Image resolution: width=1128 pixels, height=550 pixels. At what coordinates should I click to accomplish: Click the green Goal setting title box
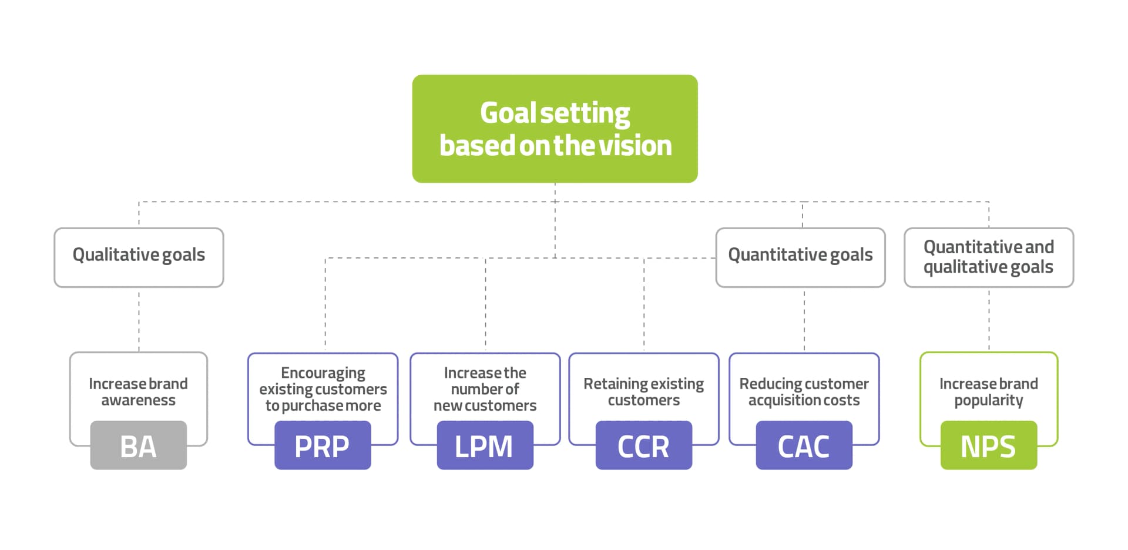click(555, 128)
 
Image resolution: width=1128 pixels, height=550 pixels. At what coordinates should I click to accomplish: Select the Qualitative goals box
click(139, 257)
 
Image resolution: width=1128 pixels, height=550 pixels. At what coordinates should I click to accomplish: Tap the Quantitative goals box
click(800, 257)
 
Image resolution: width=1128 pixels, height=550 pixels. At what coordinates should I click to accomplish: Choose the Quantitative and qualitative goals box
click(988, 257)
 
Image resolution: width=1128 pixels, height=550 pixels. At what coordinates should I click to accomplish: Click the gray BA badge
click(138, 445)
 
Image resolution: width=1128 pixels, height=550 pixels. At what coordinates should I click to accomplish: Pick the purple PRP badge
click(323, 445)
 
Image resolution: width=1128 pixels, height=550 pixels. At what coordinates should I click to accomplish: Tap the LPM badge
click(485, 445)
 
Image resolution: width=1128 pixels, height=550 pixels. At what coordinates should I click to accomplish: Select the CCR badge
click(643, 445)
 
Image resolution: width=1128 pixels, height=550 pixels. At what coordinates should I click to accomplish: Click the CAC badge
click(804, 445)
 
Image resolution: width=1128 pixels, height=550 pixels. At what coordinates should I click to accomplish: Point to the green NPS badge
click(988, 445)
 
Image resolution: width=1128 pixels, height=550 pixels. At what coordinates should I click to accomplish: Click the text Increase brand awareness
click(138, 392)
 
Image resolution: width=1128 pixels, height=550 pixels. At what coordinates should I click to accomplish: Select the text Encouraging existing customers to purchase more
click(323, 389)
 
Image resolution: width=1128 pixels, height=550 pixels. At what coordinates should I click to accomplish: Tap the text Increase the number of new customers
click(485, 389)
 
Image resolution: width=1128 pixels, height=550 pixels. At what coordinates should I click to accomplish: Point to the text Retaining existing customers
click(643, 392)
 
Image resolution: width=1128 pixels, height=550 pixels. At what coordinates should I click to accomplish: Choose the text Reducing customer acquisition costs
click(804, 392)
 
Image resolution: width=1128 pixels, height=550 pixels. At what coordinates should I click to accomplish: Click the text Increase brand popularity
click(988, 392)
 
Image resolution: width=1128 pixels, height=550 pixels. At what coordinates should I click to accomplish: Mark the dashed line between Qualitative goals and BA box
click(139, 320)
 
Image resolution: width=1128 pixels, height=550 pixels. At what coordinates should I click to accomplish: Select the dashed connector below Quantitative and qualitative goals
click(989, 320)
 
